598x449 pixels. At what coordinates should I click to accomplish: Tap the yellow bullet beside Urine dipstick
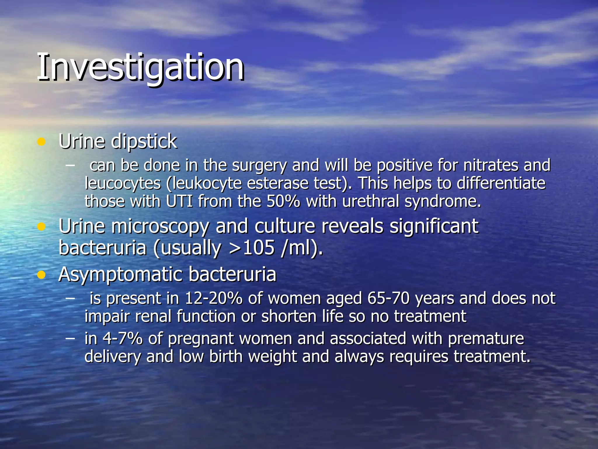tap(41, 142)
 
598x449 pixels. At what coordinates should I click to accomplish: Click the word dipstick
tap(144, 141)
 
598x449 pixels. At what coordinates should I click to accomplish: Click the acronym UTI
tap(179, 201)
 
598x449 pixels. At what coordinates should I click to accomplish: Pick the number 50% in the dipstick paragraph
tap(283, 201)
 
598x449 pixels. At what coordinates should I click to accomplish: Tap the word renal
tap(153, 316)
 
